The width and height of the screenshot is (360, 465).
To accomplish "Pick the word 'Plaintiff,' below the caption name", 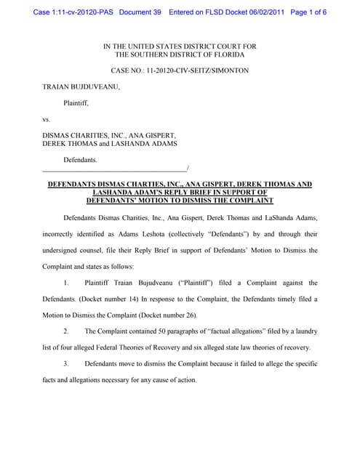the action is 79,102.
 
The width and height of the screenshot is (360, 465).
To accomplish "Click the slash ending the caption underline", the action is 188,168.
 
